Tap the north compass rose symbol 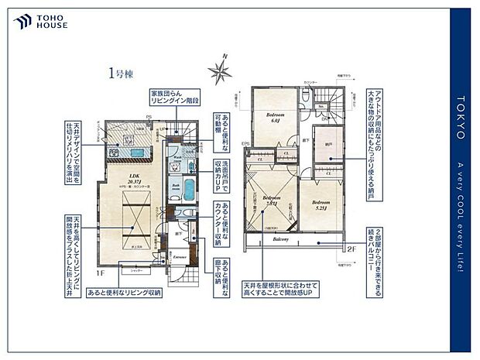coord(218,71)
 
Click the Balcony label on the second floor coord(280,239)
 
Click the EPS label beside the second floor coord(245,143)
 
